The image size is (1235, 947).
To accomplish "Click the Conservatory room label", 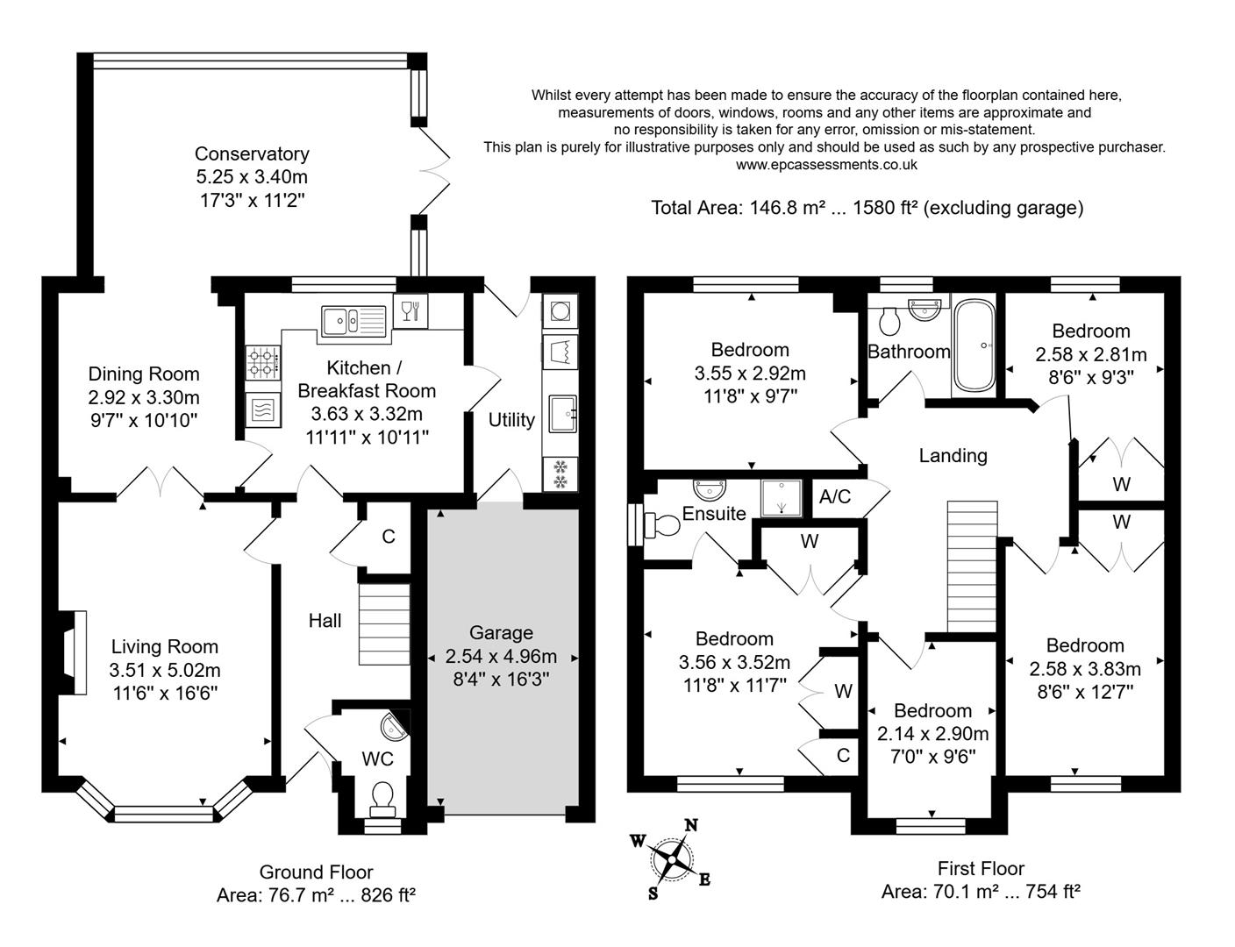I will [x=252, y=154].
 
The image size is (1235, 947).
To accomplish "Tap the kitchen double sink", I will [x=353, y=320].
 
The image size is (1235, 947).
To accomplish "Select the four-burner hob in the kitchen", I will [x=263, y=358].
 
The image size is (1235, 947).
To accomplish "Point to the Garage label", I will [x=501, y=633].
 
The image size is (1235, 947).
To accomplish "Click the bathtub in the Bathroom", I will [x=974, y=345].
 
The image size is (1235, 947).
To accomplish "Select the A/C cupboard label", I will [x=834, y=497].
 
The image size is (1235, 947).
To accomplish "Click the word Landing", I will [x=953, y=456].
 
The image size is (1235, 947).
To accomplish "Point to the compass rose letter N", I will [x=691, y=825].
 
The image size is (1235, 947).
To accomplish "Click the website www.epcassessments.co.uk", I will [x=825, y=164].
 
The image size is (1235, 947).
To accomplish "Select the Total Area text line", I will [x=867, y=208].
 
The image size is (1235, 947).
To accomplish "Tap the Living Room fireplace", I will [x=74, y=653].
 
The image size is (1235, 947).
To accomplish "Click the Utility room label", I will [x=511, y=420].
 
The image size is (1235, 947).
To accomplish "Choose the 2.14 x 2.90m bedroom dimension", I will [x=932, y=734].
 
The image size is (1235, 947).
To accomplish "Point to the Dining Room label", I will [x=144, y=374].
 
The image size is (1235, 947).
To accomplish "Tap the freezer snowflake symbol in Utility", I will [x=559, y=474].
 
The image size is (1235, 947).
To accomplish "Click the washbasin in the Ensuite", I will [x=705, y=487].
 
